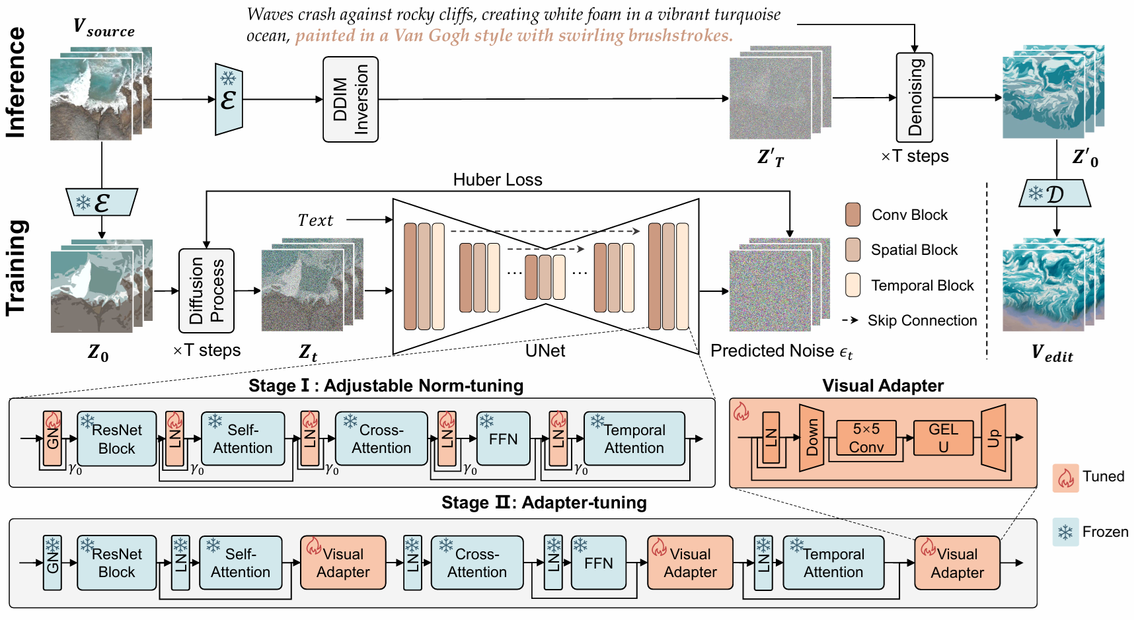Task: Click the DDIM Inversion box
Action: [x=350, y=99]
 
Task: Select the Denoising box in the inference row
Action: [x=914, y=97]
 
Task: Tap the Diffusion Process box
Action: [x=206, y=291]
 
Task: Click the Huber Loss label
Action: [x=497, y=180]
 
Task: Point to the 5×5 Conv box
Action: [x=866, y=438]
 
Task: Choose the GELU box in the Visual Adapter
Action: [x=943, y=438]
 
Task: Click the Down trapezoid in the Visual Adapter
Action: [x=812, y=438]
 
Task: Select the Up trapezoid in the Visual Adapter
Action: [x=993, y=438]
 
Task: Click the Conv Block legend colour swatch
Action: [x=852, y=215]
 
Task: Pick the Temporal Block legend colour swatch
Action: [x=852, y=285]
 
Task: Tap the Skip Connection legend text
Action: [x=922, y=320]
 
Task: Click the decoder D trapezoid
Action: [x=1055, y=193]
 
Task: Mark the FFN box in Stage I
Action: [x=503, y=439]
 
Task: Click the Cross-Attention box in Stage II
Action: [x=476, y=563]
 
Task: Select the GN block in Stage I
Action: [x=52, y=438]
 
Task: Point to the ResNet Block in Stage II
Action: [x=116, y=563]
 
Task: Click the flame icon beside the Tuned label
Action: [x=1065, y=477]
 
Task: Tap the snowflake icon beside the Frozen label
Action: [x=1065, y=532]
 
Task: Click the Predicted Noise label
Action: [x=781, y=351]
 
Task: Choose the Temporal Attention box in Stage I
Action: [x=634, y=439]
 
